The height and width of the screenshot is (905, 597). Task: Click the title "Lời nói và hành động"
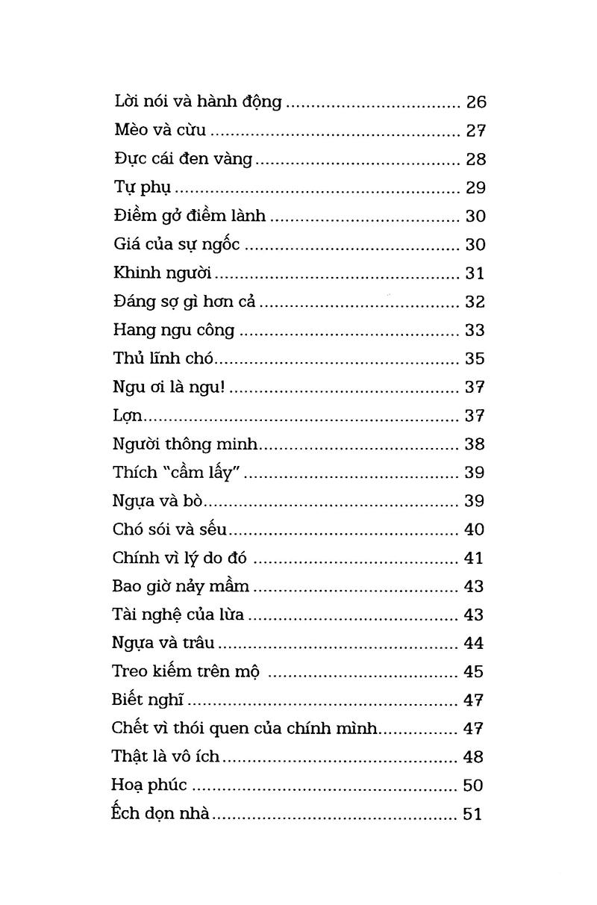click(x=198, y=102)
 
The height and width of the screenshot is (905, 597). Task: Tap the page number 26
click(x=475, y=102)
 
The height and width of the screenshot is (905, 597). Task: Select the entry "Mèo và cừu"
click(x=160, y=131)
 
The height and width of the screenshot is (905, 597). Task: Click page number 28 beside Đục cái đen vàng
click(x=475, y=159)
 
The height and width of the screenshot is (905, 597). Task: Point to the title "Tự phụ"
click(x=143, y=187)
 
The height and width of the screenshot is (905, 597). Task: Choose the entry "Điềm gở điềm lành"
click(x=190, y=216)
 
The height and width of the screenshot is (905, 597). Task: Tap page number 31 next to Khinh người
click(x=475, y=273)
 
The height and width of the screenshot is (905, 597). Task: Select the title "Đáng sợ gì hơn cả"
click(x=185, y=302)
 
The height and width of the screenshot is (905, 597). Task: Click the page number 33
click(x=475, y=330)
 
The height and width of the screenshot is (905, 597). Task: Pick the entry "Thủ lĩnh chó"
click(x=163, y=358)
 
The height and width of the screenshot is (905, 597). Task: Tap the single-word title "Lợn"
click(x=128, y=416)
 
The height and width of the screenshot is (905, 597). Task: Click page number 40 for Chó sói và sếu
click(x=474, y=529)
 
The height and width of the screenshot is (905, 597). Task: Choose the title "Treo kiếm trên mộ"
click(x=186, y=671)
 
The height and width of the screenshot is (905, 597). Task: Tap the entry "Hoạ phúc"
click(x=149, y=786)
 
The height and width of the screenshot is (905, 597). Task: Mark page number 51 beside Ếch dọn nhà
click(x=472, y=814)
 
